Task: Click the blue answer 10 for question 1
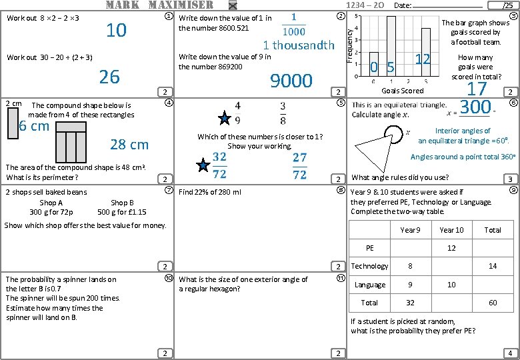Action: pyautogui.click(x=117, y=30)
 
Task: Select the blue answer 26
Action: pyautogui.click(x=109, y=77)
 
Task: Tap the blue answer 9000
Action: pyautogui.click(x=291, y=81)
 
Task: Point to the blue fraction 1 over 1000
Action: pyautogui.click(x=294, y=25)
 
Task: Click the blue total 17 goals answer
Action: pyautogui.click(x=477, y=89)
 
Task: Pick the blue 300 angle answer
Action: pyautogui.click(x=475, y=107)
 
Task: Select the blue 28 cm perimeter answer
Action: pyautogui.click(x=129, y=145)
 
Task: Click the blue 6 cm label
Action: pyautogui.click(x=34, y=127)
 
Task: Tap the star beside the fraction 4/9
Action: pyautogui.click(x=225, y=119)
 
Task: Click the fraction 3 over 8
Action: pyautogui.click(x=283, y=113)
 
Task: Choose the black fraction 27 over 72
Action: pyautogui.click(x=299, y=165)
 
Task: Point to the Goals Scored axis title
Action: pyautogui.click(x=402, y=91)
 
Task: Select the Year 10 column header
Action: pyautogui.click(x=451, y=230)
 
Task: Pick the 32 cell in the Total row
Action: pyautogui.click(x=410, y=303)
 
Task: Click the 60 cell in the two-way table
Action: pyautogui.click(x=493, y=303)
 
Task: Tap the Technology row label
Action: pyautogui.click(x=369, y=266)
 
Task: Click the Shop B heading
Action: pyautogui.click(x=122, y=203)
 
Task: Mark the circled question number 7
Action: pyautogui.click(x=169, y=191)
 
